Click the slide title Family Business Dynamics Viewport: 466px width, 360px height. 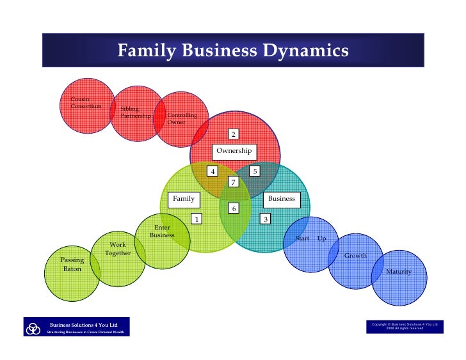(232, 50)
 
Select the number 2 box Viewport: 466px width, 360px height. (234, 134)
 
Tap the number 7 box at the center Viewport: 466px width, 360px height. (234, 182)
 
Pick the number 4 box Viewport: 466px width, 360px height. (212, 171)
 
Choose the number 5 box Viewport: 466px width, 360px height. (254, 171)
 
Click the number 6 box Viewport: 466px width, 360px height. (234, 208)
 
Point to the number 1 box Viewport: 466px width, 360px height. (197, 219)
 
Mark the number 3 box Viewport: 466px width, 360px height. (266, 219)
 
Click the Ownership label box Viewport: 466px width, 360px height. (234, 151)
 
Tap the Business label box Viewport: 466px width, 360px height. (282, 198)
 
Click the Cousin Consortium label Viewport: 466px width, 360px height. (85, 103)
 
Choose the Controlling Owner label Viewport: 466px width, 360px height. (182, 119)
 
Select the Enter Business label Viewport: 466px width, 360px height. (163, 231)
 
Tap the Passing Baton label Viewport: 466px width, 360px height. (72, 265)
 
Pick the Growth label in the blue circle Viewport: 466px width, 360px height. (356, 256)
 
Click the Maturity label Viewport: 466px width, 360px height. (399, 272)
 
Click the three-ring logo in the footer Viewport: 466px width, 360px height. (33, 329)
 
